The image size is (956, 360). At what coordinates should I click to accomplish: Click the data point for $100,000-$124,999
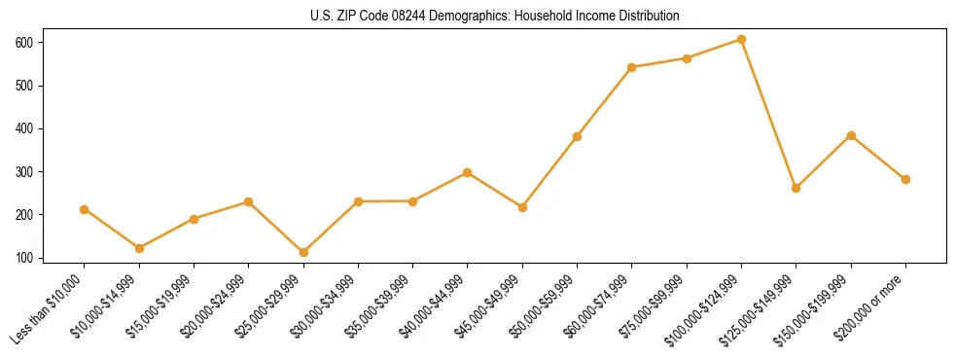(741, 40)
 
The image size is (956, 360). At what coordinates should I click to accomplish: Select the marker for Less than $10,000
(85, 209)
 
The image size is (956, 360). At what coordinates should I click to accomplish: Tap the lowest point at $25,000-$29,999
(303, 252)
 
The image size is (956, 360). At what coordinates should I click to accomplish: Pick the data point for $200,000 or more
(905, 179)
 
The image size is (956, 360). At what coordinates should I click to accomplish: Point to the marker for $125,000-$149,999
(796, 188)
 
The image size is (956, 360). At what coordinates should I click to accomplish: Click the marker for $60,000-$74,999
(632, 67)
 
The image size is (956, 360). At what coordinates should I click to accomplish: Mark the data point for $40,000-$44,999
(468, 172)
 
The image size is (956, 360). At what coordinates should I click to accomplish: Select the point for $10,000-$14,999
(139, 248)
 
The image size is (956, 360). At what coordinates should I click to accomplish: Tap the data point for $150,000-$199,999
(851, 135)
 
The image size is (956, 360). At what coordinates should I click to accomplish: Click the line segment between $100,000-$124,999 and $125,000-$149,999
(768, 114)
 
